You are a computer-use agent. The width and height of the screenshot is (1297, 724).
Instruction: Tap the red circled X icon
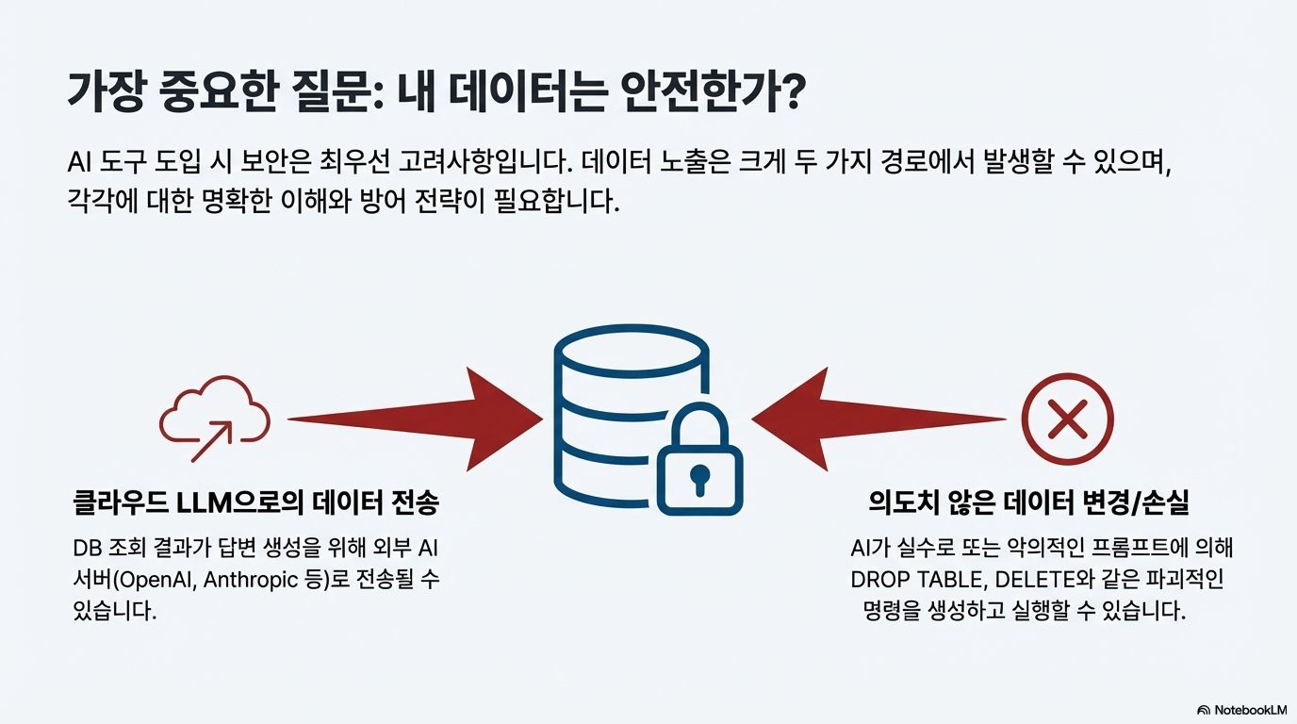tap(1068, 420)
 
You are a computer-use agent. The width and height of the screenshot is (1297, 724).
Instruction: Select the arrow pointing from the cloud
tap(415, 419)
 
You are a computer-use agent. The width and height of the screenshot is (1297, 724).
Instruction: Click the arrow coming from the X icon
tap(877, 419)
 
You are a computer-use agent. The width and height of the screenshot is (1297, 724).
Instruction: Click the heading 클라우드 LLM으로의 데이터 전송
tap(255, 503)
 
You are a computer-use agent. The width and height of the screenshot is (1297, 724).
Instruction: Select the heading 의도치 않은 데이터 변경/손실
tap(1029, 503)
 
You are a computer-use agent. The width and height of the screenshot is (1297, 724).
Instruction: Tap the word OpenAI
tap(161, 580)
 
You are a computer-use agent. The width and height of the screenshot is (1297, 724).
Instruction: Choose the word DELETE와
tap(1030, 580)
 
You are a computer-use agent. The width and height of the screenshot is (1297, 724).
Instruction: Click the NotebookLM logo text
tap(1244, 710)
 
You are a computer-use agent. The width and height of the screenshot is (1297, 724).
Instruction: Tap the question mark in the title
tap(789, 96)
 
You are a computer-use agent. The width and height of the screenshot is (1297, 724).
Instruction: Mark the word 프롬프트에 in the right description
tap(1118, 549)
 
